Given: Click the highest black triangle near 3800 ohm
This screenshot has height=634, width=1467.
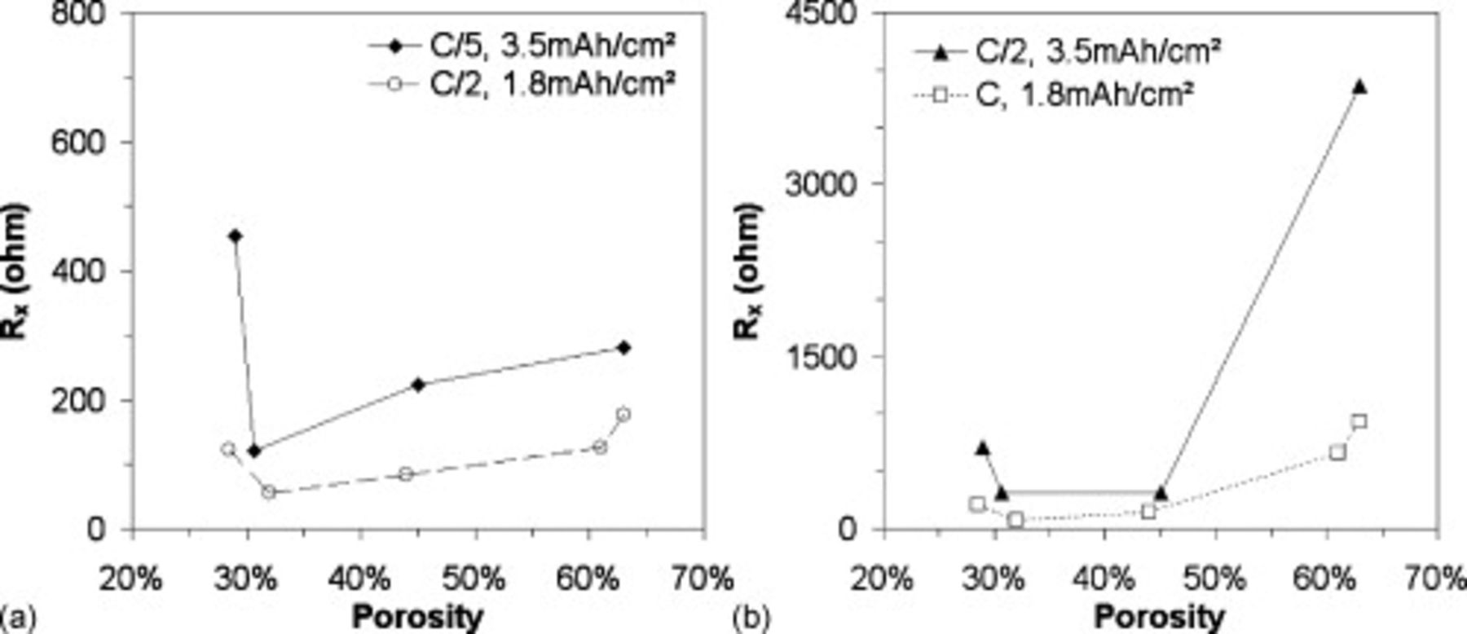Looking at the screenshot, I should click(1359, 87).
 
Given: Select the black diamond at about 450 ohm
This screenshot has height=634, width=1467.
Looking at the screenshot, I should click(236, 236).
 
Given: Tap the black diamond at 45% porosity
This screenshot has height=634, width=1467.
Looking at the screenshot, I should click(419, 385).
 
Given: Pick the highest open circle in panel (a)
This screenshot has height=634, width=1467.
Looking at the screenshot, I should click(623, 415).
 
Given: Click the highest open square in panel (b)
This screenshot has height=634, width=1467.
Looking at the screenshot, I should click(1359, 421).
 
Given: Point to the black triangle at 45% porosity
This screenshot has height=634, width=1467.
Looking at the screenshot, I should click(1161, 493).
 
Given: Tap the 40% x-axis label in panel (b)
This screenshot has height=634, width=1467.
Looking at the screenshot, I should click(1104, 579).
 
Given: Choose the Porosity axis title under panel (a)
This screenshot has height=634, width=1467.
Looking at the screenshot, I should click(417, 617).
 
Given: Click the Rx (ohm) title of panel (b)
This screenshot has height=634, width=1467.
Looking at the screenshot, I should click(748, 271).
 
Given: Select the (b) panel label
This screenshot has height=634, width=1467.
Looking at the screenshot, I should click(750, 618).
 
